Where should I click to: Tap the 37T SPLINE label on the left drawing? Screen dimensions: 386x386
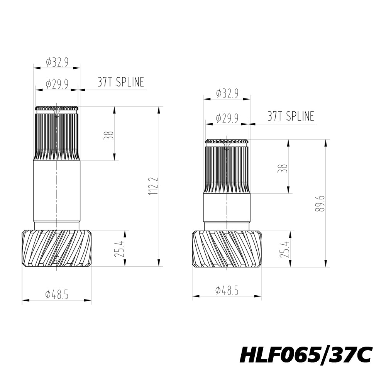click(120, 82)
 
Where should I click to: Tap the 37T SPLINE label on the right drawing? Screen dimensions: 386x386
click(291, 116)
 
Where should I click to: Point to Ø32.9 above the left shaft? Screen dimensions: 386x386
click(57, 62)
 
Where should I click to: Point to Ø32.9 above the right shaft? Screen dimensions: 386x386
click(227, 93)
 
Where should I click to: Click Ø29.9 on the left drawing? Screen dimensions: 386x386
click(57, 84)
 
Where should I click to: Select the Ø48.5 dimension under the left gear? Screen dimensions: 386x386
click(57, 295)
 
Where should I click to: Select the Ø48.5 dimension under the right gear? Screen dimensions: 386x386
click(227, 291)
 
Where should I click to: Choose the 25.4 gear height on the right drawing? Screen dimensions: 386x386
click(284, 250)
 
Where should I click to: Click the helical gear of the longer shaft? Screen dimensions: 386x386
click(57, 248)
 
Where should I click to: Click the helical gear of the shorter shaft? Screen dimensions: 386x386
click(227, 249)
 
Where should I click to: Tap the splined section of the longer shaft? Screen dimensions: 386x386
click(57, 133)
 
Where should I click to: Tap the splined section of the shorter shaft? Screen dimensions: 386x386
click(227, 166)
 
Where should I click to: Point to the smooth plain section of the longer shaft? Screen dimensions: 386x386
click(57, 191)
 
